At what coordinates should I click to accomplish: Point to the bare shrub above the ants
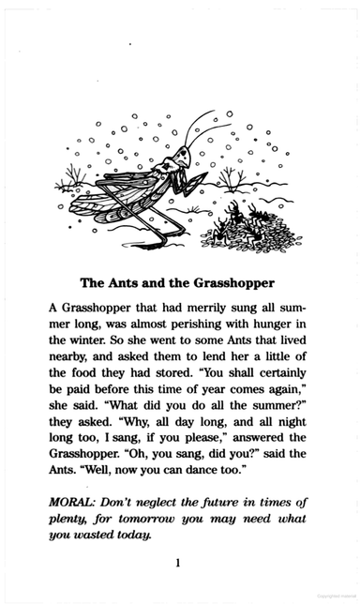pos(231,177)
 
